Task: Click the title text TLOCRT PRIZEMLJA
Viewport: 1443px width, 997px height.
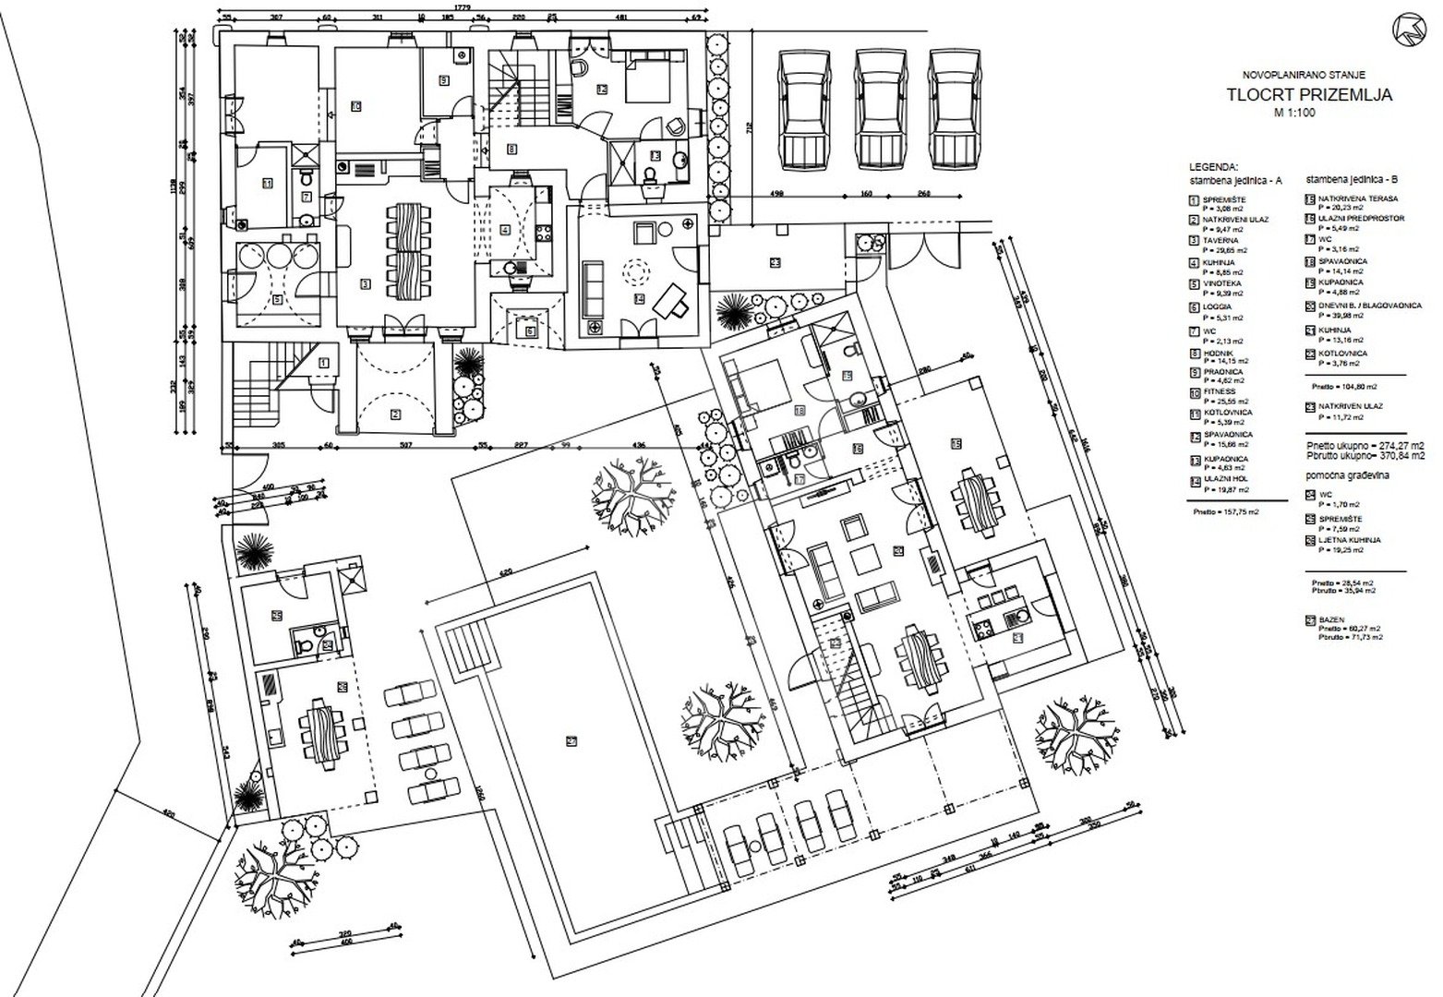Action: point(1309,94)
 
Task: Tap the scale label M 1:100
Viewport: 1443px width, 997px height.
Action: point(1295,114)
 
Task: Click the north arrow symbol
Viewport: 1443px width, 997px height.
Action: point(1409,29)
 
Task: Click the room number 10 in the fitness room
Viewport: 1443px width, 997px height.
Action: point(355,106)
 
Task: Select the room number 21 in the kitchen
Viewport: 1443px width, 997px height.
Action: point(1018,637)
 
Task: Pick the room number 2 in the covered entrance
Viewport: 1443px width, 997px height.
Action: point(395,414)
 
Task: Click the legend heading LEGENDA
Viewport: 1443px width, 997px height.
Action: point(1213,167)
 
